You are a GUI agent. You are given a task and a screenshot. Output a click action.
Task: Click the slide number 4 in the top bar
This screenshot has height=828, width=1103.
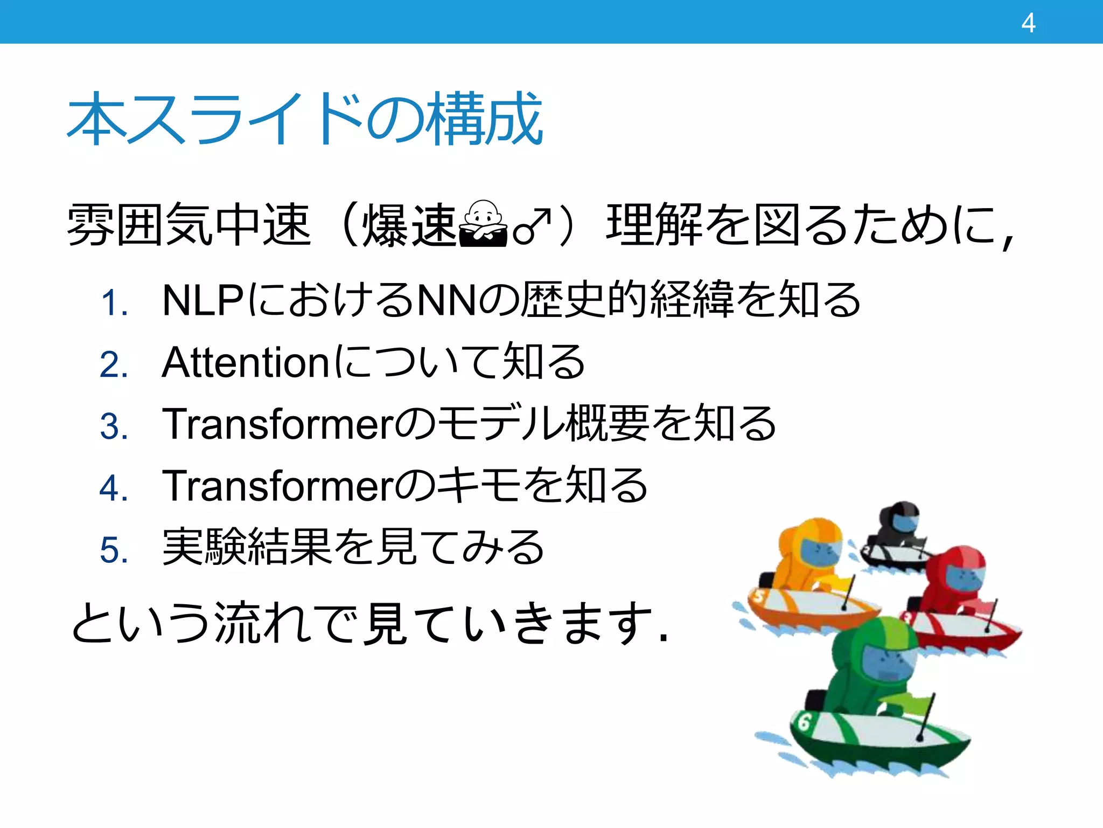pos(1028,23)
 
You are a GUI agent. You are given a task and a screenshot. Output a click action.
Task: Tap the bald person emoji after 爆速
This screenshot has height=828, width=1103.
pos(483,224)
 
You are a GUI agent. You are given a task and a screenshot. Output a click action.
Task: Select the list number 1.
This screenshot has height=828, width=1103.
pos(114,303)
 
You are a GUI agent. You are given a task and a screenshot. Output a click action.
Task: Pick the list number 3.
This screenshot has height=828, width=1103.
pos(114,426)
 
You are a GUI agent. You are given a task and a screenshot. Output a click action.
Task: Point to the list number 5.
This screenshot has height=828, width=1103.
pos(114,550)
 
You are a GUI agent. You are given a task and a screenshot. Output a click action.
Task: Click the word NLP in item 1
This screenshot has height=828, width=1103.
pos(203,300)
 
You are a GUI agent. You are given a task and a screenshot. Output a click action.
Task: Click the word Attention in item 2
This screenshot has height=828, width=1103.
pos(246,362)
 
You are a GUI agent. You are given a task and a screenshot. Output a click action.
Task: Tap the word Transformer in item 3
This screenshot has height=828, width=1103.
pos(278,424)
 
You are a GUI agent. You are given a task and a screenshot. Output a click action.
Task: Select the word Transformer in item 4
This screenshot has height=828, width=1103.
pos(278,486)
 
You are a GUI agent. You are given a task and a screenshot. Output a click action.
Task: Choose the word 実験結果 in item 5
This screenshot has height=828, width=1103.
pos(246,547)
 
